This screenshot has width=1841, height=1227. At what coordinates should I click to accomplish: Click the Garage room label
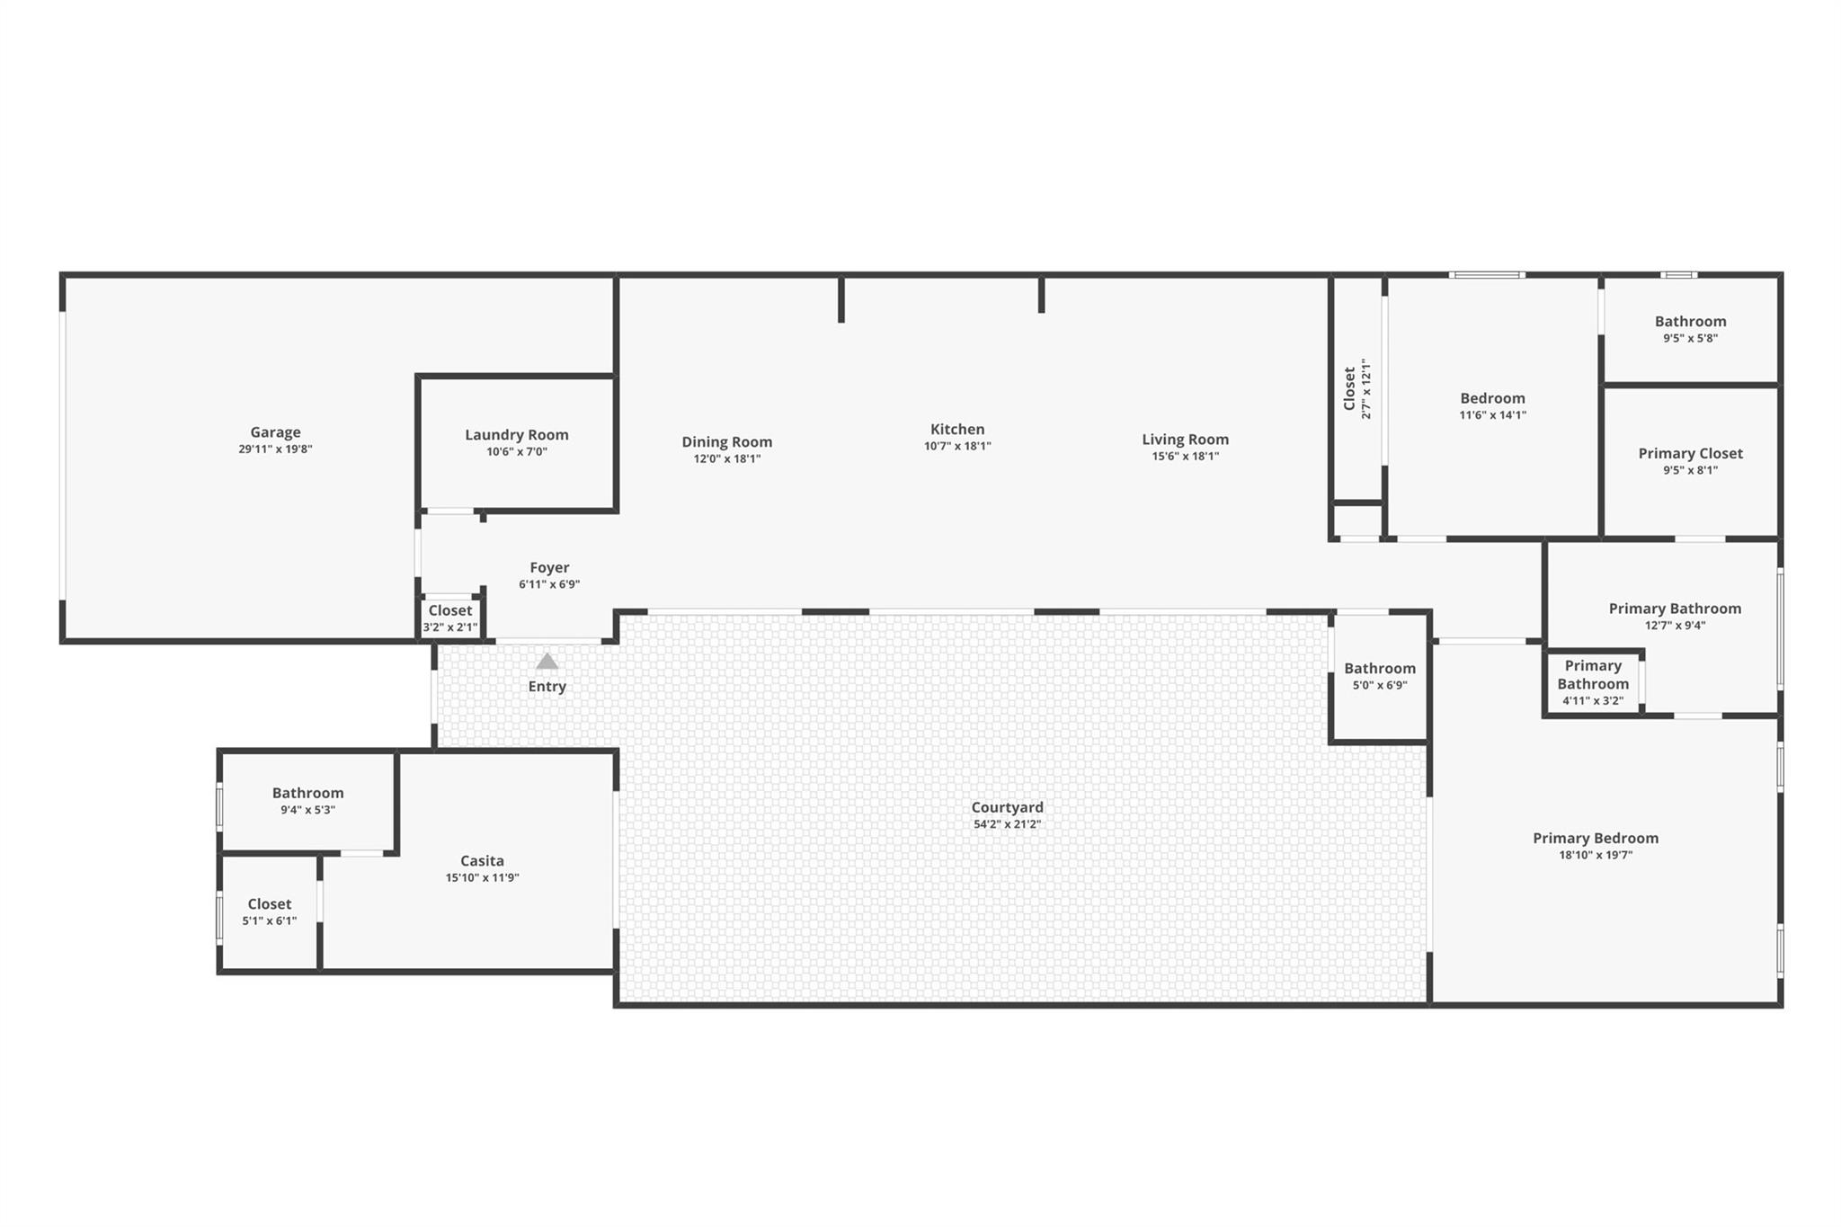click(x=275, y=432)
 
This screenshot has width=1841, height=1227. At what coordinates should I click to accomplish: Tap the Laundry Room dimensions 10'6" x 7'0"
click(x=516, y=452)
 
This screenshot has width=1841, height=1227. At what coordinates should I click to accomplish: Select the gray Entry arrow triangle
click(x=547, y=662)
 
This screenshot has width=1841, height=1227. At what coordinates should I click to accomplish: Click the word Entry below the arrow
click(x=547, y=687)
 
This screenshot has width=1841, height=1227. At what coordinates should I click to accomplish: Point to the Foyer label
click(x=549, y=567)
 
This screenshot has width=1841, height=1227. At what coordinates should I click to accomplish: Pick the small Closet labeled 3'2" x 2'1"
click(x=450, y=618)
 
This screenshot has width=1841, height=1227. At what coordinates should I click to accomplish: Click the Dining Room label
click(x=726, y=441)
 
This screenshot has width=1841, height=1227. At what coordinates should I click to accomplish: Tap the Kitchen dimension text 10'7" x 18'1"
click(x=957, y=446)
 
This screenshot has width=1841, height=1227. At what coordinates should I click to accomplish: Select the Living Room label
click(x=1185, y=440)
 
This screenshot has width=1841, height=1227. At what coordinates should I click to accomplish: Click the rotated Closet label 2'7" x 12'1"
click(x=1356, y=389)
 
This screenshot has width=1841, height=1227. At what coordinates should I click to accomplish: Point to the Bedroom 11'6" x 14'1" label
click(x=1492, y=405)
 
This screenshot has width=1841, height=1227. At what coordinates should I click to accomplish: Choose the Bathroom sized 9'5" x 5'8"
click(x=1690, y=329)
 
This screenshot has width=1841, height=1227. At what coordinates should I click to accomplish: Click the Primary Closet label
click(x=1690, y=454)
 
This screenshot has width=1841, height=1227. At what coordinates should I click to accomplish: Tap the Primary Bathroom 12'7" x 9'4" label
click(x=1675, y=616)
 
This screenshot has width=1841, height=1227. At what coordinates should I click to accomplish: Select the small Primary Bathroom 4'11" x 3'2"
click(x=1592, y=682)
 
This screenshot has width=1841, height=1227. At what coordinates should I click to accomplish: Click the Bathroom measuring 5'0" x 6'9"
click(x=1380, y=676)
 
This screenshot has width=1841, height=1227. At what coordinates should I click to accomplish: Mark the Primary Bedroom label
click(x=1596, y=838)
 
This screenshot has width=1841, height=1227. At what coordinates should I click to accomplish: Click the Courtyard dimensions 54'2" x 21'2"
click(x=1007, y=824)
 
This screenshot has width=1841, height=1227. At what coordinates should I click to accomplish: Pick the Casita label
click(x=482, y=861)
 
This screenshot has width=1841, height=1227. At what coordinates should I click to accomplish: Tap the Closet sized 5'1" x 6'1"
click(x=269, y=911)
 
